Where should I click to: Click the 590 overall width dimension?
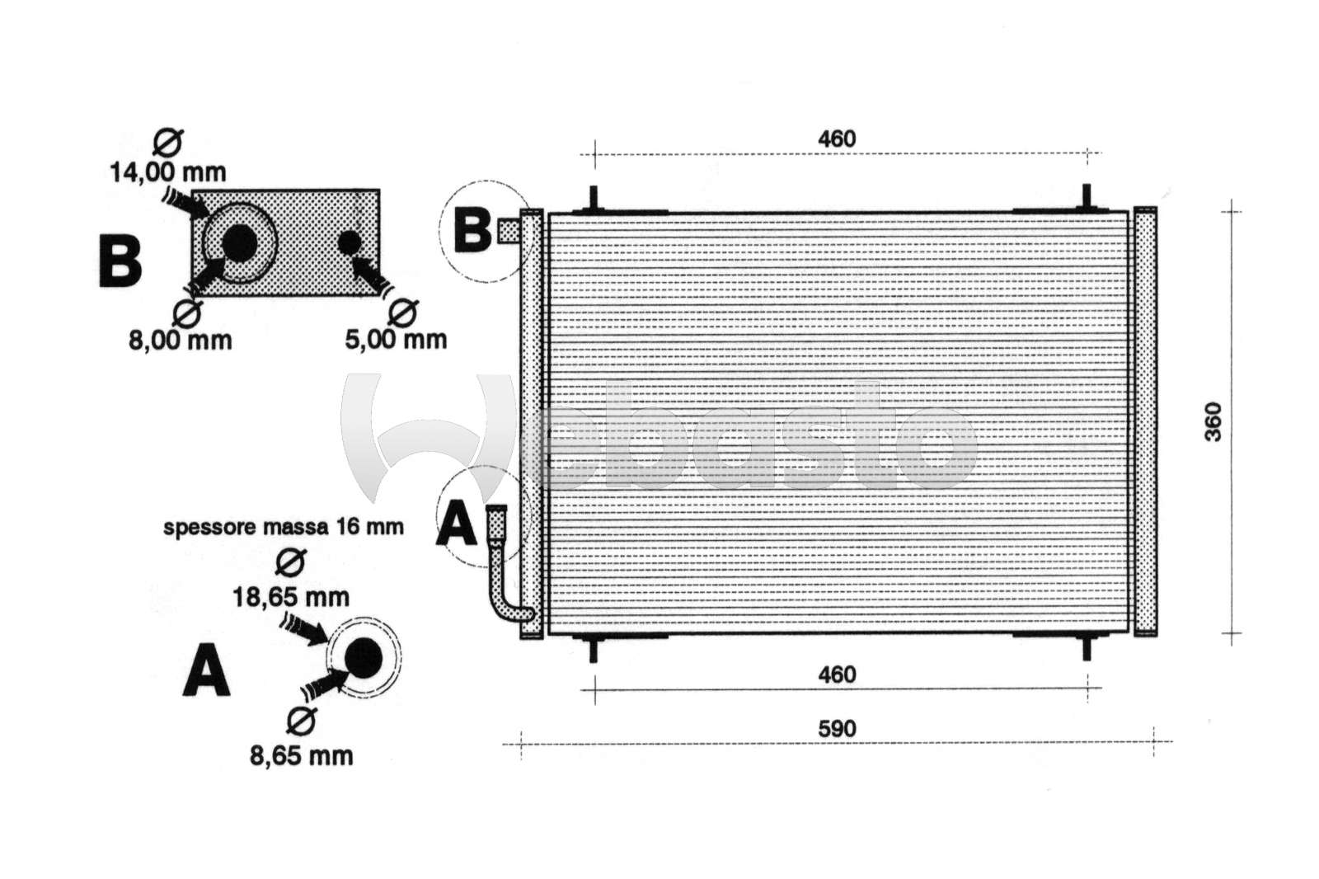click(x=837, y=730)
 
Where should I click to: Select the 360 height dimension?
click(x=1213, y=422)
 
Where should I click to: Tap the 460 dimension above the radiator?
click(x=837, y=139)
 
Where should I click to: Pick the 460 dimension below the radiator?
click(x=837, y=675)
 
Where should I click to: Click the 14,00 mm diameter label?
click(x=168, y=172)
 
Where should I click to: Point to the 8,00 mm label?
click(x=181, y=341)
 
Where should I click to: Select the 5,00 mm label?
click(x=396, y=340)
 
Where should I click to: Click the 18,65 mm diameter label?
click(x=291, y=597)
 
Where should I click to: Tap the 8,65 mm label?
click(x=302, y=756)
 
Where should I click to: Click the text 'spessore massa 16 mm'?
click(x=284, y=527)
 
